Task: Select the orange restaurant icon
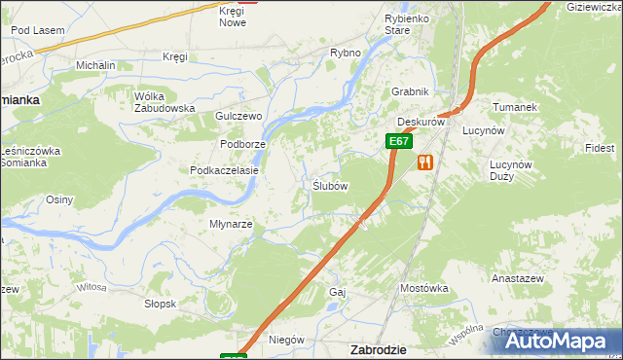click(423, 162)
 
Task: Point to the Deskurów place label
click(421, 123)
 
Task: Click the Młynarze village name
click(232, 224)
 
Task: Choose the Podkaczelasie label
click(224, 169)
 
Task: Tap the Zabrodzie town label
click(378, 348)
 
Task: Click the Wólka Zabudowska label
click(165, 102)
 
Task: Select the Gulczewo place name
click(239, 115)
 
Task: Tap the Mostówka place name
click(423, 288)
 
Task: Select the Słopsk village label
click(160, 304)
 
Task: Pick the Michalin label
click(95, 65)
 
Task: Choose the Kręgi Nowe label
click(232, 16)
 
